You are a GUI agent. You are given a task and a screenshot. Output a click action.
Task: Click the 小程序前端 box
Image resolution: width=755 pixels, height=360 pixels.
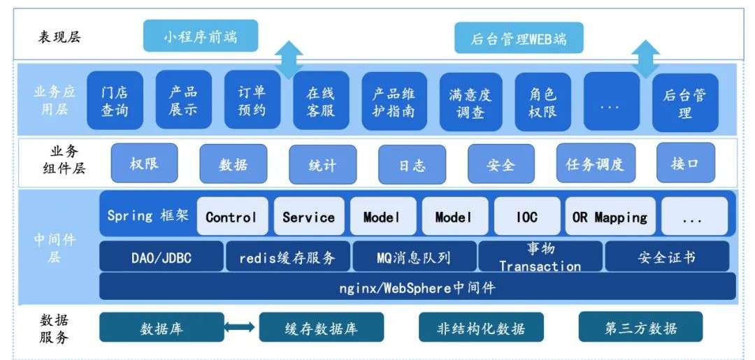[201, 36]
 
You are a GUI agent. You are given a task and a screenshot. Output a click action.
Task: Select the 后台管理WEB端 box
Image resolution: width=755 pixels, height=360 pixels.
[519, 38]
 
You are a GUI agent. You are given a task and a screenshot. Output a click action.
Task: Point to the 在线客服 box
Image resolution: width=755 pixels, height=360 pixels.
[321, 102]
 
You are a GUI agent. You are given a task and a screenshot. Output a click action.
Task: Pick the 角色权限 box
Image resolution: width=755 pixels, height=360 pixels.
[541, 102]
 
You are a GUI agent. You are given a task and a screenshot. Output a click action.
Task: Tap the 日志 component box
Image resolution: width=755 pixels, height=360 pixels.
[412, 164]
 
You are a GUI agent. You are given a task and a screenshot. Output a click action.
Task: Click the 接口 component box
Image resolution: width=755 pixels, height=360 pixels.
[686, 163]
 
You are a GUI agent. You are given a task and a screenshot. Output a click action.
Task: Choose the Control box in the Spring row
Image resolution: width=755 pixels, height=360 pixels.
[231, 217]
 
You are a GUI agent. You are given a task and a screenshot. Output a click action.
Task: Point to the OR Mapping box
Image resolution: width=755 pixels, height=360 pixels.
[610, 217]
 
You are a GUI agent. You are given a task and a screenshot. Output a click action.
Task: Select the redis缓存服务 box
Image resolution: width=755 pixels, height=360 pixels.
[287, 257]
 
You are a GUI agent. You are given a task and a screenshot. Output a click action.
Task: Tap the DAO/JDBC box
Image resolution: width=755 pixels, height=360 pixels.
[161, 257]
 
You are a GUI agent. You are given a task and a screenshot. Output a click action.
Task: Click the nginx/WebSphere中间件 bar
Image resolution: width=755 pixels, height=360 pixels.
[417, 287]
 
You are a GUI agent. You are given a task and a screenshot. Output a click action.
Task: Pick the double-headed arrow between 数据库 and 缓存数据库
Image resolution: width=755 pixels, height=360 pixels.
[240, 327]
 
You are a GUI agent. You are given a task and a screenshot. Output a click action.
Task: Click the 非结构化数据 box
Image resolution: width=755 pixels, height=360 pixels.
[480, 328]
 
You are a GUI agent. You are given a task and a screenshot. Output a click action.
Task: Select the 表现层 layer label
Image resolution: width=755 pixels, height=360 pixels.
[59, 36]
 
